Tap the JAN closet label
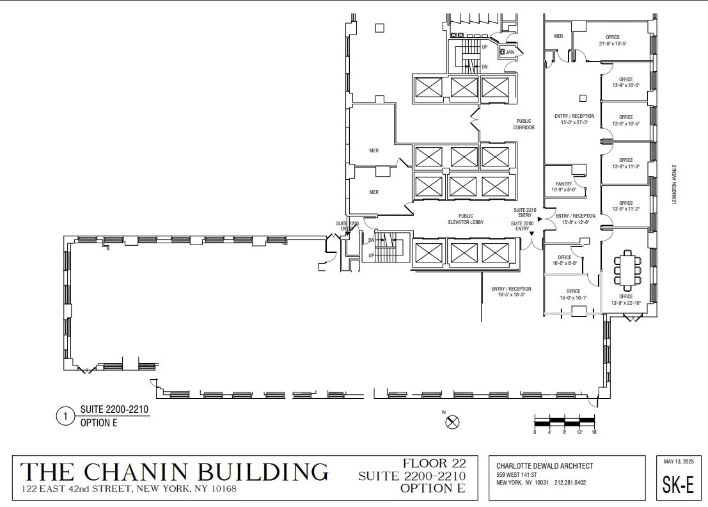point(510,52)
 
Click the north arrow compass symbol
point(453,421)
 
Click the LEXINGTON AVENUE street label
point(673,182)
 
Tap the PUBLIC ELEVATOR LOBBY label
point(466,219)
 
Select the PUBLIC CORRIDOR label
point(524,124)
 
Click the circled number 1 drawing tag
point(65,417)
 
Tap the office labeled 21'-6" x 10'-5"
point(613,40)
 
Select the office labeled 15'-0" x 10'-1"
point(573,294)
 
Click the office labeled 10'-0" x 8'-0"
point(565,260)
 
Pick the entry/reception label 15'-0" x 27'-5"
point(574,119)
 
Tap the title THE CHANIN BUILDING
point(175,472)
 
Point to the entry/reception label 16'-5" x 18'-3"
point(511,292)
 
